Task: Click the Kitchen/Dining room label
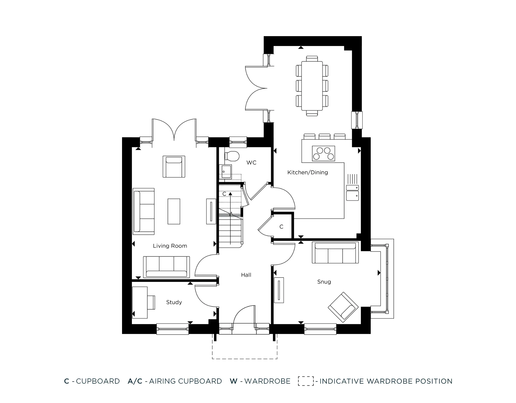click(308, 172)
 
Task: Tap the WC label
click(251, 163)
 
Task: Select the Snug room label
click(324, 282)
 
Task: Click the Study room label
click(174, 302)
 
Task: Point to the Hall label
click(246, 275)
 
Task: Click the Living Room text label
click(170, 246)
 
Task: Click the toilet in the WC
click(232, 156)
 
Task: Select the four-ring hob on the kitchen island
click(324, 153)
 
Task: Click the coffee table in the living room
click(174, 211)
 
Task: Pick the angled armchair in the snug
click(343, 307)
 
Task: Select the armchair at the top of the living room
click(174, 167)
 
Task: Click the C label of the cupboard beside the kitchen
click(281, 227)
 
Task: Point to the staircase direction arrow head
click(230, 193)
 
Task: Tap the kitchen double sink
click(352, 192)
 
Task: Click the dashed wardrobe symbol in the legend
click(306, 381)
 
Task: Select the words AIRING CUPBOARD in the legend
click(185, 381)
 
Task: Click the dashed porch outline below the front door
click(245, 358)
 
